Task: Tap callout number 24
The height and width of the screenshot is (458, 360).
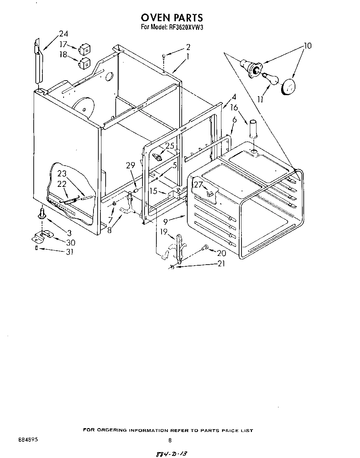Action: click(x=63, y=34)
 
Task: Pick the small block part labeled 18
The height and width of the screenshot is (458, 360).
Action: click(x=84, y=63)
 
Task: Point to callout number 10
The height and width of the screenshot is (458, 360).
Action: click(x=307, y=45)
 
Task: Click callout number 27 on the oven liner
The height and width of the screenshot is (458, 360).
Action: click(x=198, y=185)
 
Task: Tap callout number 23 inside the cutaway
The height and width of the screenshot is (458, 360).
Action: click(x=62, y=174)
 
